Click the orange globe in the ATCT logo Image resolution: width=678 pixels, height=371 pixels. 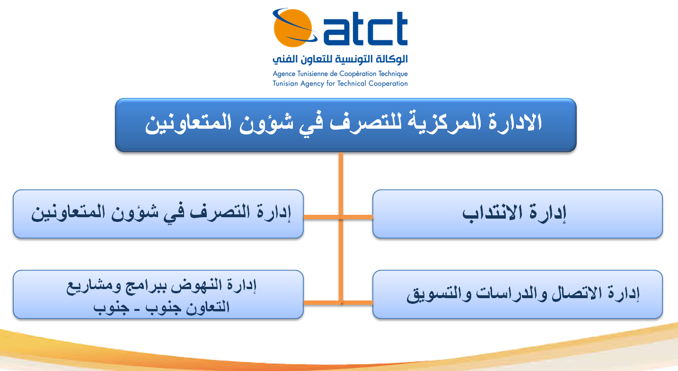[x=293, y=28]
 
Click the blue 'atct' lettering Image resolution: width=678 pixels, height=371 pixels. [x=366, y=28]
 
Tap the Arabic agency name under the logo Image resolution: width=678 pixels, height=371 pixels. [x=340, y=59]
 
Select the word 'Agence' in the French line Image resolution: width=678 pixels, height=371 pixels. [x=283, y=74]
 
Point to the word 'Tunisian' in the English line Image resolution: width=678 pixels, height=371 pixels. [x=285, y=83]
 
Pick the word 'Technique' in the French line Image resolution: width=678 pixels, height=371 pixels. [x=393, y=74]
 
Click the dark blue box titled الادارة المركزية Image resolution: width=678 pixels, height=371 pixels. [x=346, y=125]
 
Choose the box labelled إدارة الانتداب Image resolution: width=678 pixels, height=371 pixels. [x=518, y=214]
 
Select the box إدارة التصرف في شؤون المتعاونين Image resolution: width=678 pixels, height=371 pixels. [x=158, y=214]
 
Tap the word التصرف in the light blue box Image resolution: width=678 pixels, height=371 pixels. [x=220, y=212]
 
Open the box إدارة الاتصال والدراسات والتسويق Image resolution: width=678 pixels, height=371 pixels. [x=518, y=294]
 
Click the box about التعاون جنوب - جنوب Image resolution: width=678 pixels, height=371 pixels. [x=158, y=294]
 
